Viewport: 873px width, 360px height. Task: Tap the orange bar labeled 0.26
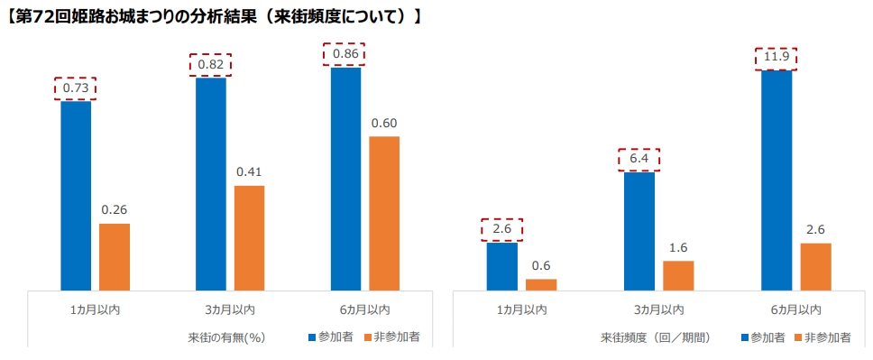(x=115, y=257)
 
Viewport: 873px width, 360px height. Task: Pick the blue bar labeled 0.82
(x=211, y=184)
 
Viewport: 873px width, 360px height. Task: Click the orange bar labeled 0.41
(x=249, y=238)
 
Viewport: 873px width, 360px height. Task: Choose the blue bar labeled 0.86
(x=345, y=179)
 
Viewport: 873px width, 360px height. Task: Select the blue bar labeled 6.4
(x=639, y=231)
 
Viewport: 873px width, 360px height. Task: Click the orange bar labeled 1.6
(x=678, y=275)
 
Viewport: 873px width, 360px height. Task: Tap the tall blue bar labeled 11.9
(x=777, y=180)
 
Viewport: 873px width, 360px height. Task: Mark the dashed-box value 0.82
(x=211, y=65)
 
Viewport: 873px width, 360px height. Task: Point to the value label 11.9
(x=777, y=59)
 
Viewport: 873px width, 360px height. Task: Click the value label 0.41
(x=249, y=171)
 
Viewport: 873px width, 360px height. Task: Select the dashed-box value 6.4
(x=639, y=160)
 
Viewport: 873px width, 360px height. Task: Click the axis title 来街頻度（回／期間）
(x=656, y=337)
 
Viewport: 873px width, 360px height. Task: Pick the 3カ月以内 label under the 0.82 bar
(x=230, y=309)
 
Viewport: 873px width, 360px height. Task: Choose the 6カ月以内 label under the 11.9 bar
(x=796, y=309)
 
